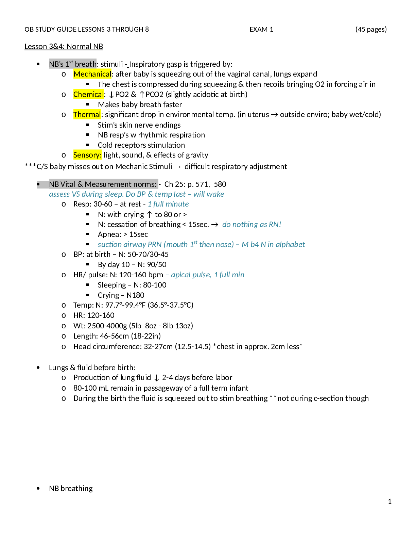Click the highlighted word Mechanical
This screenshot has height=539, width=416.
pos(92,74)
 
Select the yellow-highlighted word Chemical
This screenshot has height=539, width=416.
pos(88,94)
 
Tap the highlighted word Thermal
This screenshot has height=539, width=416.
pos(87,115)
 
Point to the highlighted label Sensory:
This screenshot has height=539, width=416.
pos(87,155)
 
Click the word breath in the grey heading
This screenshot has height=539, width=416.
pos(86,64)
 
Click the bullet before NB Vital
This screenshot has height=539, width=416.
pos(38,184)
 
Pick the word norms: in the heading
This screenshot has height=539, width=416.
pos(146,184)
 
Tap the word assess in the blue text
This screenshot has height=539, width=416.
pos(59,194)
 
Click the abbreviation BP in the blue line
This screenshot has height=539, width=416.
pos(141,194)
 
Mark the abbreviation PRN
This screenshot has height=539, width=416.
pos(155,245)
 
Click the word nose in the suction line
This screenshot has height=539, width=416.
pos(224,245)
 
